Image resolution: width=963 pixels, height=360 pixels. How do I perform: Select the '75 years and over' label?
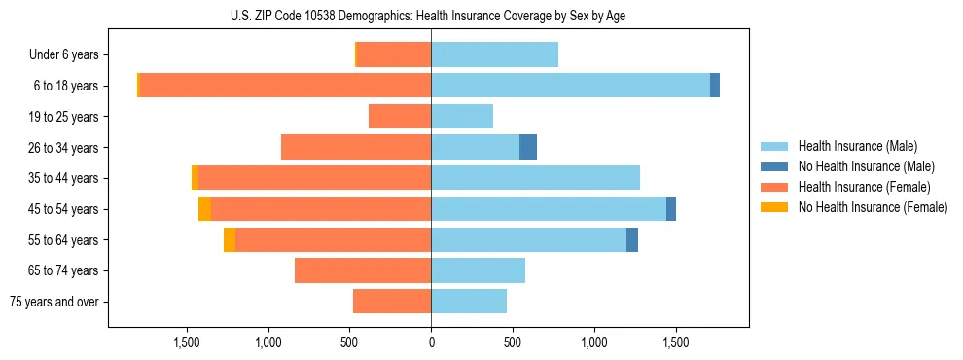click(53, 302)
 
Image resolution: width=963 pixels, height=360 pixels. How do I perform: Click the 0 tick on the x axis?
click(431, 342)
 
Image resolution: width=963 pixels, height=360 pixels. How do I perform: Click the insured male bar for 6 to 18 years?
click(570, 86)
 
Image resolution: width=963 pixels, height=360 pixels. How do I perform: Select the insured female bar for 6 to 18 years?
click(285, 86)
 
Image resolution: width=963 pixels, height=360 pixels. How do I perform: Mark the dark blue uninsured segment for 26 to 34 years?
click(528, 147)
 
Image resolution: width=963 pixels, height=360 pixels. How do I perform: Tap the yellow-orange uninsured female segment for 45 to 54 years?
click(204, 209)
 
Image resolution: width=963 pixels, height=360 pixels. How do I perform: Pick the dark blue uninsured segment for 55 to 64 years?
click(632, 239)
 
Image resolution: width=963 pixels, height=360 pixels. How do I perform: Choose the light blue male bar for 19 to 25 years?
click(462, 117)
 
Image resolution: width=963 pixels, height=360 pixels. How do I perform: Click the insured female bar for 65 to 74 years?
click(363, 270)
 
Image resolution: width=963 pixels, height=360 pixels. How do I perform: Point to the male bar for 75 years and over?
click(469, 302)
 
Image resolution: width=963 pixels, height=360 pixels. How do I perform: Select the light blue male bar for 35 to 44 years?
click(535, 178)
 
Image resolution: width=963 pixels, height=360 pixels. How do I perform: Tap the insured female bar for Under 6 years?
click(394, 55)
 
